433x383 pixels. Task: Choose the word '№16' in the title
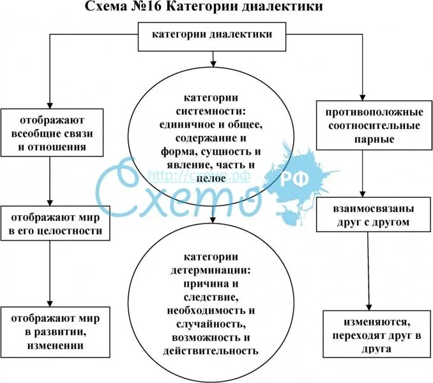tap(151, 8)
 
